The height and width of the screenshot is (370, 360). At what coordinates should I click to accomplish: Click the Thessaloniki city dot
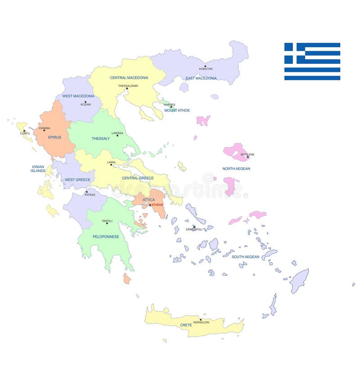point(127,88)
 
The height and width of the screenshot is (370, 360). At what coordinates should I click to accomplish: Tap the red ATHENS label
point(157,205)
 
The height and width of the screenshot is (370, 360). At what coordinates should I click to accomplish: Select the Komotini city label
point(206,69)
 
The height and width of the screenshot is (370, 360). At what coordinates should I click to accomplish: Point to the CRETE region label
point(186,325)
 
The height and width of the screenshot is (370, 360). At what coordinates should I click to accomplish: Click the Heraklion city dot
point(201,320)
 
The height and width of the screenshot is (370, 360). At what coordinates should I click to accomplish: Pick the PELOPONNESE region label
point(106,236)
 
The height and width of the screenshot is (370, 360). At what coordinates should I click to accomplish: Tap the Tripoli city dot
point(107,223)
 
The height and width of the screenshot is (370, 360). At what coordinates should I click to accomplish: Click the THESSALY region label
point(101,138)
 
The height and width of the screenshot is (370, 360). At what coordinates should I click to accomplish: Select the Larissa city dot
point(117,136)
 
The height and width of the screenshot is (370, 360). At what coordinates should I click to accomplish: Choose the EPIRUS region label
point(54,137)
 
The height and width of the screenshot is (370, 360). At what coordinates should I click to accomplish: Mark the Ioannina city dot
point(44,131)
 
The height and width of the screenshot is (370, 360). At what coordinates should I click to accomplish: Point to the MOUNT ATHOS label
point(177,110)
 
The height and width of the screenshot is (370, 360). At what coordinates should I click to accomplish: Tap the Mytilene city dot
point(247,157)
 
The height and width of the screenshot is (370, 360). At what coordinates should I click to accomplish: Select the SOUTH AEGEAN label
point(245,257)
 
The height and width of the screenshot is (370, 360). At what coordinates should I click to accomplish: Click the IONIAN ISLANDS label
point(38,169)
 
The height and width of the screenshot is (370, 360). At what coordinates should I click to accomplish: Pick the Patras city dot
point(86,192)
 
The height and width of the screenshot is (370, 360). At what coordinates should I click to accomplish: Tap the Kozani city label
point(85,104)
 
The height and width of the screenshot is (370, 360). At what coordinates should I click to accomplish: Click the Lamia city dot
point(111,165)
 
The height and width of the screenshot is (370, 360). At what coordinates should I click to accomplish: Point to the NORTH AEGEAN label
point(236,169)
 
